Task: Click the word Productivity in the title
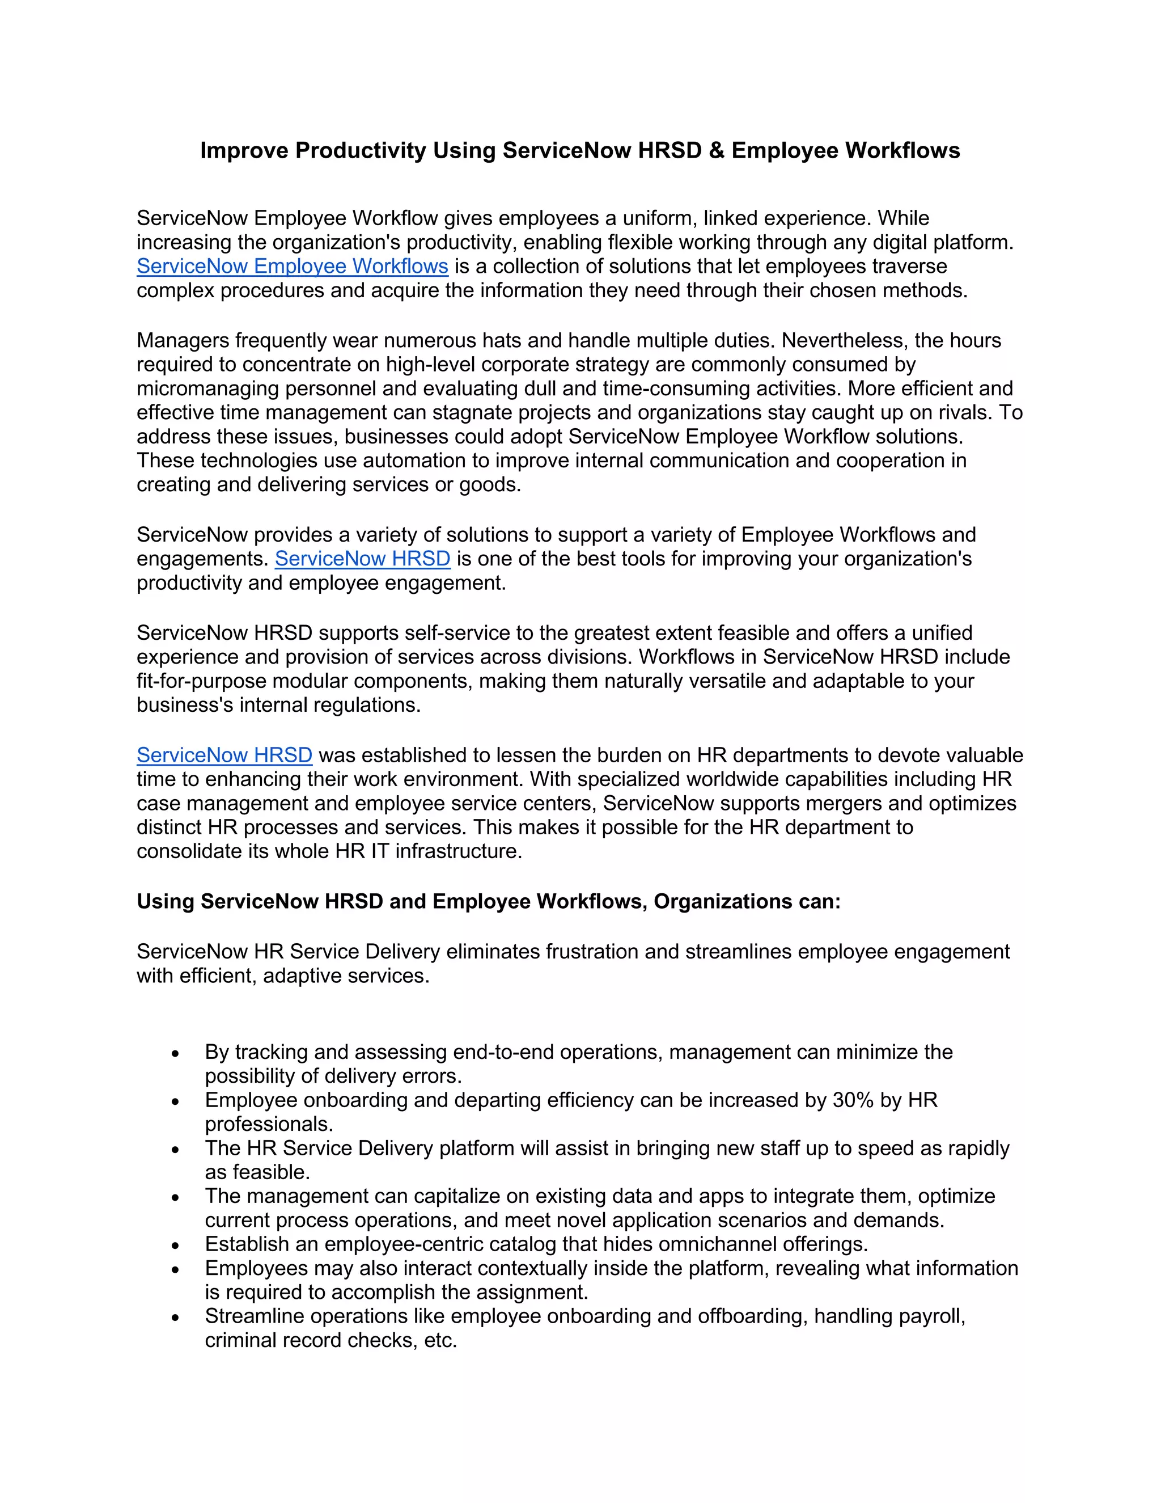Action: pyautogui.click(x=361, y=151)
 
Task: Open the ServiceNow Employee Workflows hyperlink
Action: pyautogui.click(x=293, y=267)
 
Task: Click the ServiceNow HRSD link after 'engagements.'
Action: pyautogui.click(x=362, y=559)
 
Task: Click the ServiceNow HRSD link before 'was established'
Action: pyautogui.click(x=224, y=755)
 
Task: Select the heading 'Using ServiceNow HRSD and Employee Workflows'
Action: pyautogui.click(x=488, y=902)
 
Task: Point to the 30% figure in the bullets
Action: pyautogui.click(x=853, y=1100)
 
